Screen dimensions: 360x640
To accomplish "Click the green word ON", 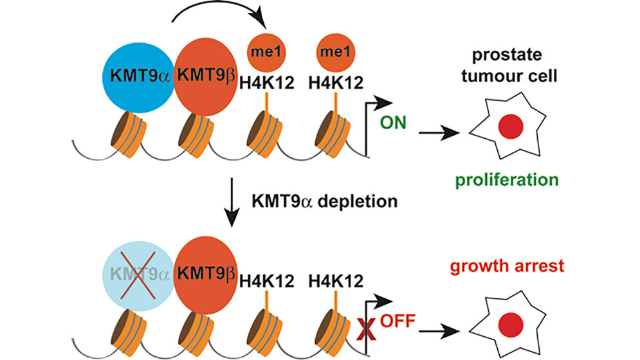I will tap(394, 121).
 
